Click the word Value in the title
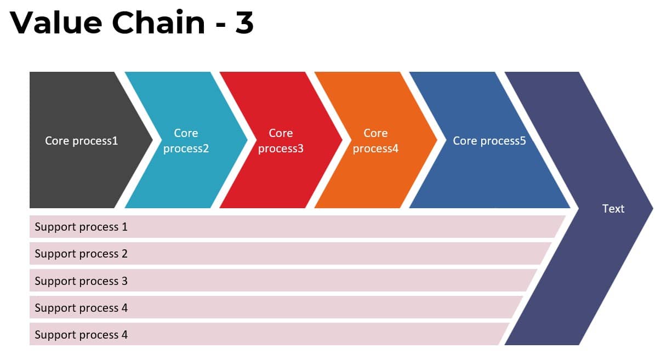[x=56, y=22]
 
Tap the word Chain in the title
[x=158, y=22]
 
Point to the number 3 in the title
[x=244, y=22]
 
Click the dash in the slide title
[x=220, y=25]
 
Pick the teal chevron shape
[x=186, y=140]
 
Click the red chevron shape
[x=281, y=140]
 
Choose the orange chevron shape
[x=375, y=140]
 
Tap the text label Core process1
[x=82, y=141]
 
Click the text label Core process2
[x=186, y=141]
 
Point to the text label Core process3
[x=281, y=141]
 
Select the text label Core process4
[x=375, y=141]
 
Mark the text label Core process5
[x=489, y=141]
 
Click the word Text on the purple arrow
[x=613, y=208]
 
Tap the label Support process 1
[x=81, y=227]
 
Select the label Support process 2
[x=81, y=254]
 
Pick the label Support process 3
[x=81, y=281]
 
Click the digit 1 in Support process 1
[x=124, y=227]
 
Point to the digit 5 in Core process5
[x=523, y=141]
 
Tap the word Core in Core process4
[x=375, y=133]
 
